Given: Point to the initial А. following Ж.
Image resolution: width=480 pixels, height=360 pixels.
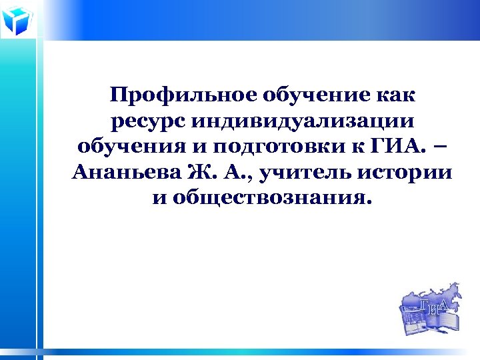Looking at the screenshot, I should pyautogui.click(x=235, y=173).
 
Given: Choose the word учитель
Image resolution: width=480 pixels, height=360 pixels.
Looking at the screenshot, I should pyautogui.click(x=306, y=173).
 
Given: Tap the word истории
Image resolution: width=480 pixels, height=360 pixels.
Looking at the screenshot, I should pyautogui.click(x=405, y=173).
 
